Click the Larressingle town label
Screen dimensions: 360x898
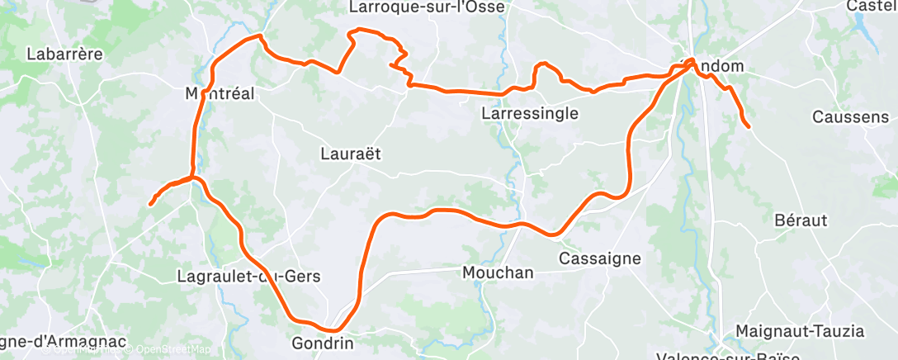[529, 113]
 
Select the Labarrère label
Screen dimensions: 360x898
[64, 54]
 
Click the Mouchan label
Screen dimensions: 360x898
[498, 272]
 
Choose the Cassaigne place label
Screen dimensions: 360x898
[600, 258]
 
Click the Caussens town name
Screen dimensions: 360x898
[850, 116]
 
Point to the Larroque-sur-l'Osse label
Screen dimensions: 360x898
[427, 7]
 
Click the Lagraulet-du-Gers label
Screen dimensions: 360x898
[248, 277]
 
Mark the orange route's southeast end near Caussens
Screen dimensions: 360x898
[748, 126]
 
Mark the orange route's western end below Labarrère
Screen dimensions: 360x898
[150, 204]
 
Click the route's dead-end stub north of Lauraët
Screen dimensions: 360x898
[390, 65]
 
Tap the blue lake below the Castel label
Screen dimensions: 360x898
[866, 36]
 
